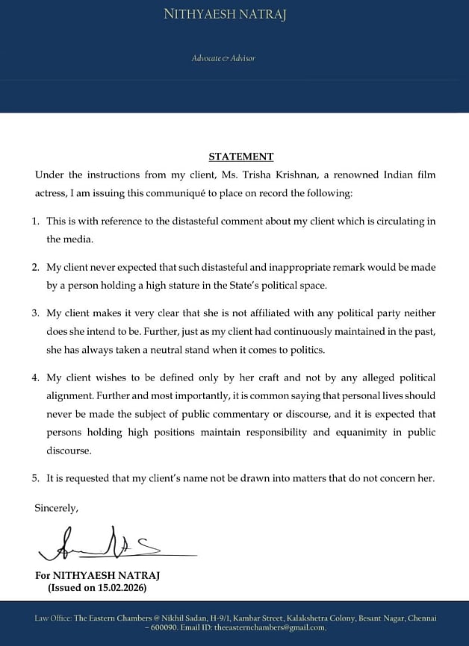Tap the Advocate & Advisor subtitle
(224, 57)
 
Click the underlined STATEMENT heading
(240, 157)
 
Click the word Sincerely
(56, 508)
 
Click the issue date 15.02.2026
(121, 588)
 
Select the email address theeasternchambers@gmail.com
(270, 627)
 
